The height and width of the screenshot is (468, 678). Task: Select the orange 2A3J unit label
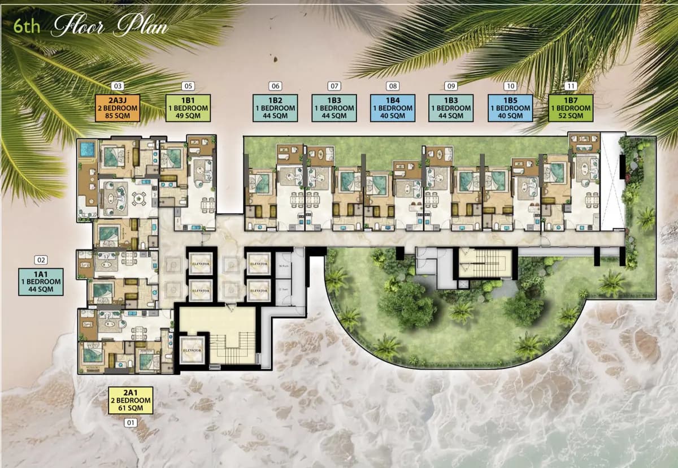pos(118,108)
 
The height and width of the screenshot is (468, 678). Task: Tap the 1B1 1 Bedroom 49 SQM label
pos(188,108)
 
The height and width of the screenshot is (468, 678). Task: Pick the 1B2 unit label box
pos(275,108)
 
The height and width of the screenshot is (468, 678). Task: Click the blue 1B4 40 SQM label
pos(393,108)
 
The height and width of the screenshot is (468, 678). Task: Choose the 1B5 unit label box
pos(510,108)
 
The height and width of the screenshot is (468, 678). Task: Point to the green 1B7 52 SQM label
pos(571,108)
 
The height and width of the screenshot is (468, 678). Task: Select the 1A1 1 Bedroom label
pos(41,281)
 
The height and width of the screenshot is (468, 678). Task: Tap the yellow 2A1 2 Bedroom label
pos(131,400)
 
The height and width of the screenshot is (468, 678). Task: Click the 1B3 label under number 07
pos(334,108)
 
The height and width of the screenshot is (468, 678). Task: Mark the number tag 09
pos(451,86)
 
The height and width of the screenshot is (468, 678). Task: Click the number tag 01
pos(131,422)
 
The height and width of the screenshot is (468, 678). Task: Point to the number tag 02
pos(41,260)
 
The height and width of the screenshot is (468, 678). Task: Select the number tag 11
pos(571,86)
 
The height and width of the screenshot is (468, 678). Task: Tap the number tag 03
pos(118,86)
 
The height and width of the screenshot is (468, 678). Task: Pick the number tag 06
pos(275,86)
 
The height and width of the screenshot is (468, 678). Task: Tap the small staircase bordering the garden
pos(485,263)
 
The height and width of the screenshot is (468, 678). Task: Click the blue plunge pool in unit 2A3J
pos(87,150)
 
